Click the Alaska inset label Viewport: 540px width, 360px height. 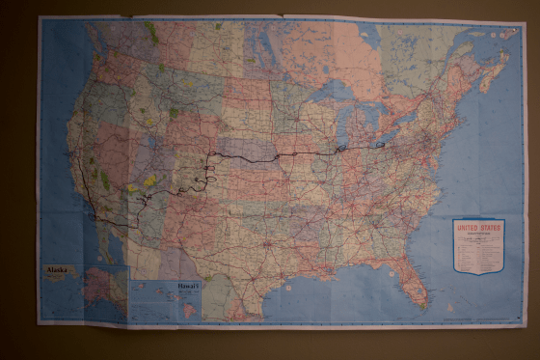tap(55, 271)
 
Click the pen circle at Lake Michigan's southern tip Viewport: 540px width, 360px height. tap(340, 148)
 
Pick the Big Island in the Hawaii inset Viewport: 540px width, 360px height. tap(191, 311)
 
